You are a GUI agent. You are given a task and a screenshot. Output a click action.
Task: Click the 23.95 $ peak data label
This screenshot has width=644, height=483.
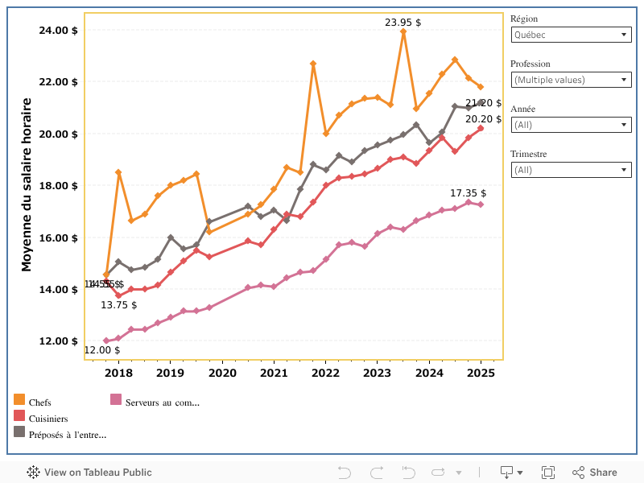click(x=402, y=23)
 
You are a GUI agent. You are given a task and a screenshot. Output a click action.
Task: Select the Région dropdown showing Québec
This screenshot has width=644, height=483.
click(x=571, y=35)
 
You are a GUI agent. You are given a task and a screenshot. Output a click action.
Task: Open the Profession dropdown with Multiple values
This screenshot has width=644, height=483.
click(x=571, y=80)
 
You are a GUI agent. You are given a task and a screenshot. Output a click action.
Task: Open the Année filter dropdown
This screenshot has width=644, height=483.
click(x=571, y=125)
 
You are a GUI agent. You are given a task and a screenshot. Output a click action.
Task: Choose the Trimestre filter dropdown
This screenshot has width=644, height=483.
click(x=571, y=170)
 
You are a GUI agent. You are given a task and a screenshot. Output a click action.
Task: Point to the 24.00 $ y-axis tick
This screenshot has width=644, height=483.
click(x=58, y=30)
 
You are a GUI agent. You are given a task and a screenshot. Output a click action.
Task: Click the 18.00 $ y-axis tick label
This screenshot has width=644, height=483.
click(x=58, y=185)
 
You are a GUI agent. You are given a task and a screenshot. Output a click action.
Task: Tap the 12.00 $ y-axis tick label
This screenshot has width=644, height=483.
click(x=58, y=341)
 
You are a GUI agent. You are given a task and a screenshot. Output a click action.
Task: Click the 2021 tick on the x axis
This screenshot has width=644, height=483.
click(x=274, y=373)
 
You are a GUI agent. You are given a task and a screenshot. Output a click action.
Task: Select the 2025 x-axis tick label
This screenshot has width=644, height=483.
click(x=481, y=373)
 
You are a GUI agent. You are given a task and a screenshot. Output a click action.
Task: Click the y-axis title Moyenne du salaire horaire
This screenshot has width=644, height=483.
click(x=26, y=184)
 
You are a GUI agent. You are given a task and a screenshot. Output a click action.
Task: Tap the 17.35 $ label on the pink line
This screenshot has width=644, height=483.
click(x=468, y=193)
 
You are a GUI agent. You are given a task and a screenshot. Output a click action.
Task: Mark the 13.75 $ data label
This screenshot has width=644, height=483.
click(x=118, y=305)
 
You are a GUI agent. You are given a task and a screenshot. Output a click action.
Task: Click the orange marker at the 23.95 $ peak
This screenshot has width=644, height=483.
click(x=403, y=31)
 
